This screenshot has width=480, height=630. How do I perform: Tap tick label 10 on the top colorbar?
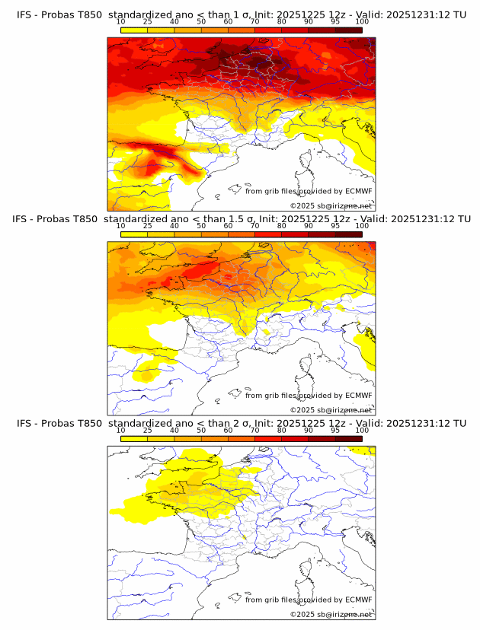[x=120, y=23]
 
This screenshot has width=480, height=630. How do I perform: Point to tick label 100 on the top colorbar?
[x=362, y=23]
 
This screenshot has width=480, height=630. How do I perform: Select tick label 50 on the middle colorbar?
[x=201, y=227]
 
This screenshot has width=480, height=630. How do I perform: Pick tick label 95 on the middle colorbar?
[x=335, y=227]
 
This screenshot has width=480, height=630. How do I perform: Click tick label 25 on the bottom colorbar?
[x=147, y=431]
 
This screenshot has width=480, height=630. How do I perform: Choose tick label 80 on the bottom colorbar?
[x=281, y=431]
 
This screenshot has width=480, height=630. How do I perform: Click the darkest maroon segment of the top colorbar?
[x=348, y=30]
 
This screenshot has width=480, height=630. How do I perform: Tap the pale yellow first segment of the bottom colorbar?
[x=133, y=438]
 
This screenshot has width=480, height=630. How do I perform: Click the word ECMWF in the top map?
[x=359, y=192]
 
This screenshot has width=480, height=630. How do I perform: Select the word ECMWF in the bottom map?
[x=359, y=600]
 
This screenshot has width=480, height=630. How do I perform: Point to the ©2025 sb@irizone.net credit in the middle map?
[x=331, y=410]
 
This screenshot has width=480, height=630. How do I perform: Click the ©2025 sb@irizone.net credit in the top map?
[x=331, y=206]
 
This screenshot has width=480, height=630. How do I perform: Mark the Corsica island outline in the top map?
[x=307, y=161]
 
